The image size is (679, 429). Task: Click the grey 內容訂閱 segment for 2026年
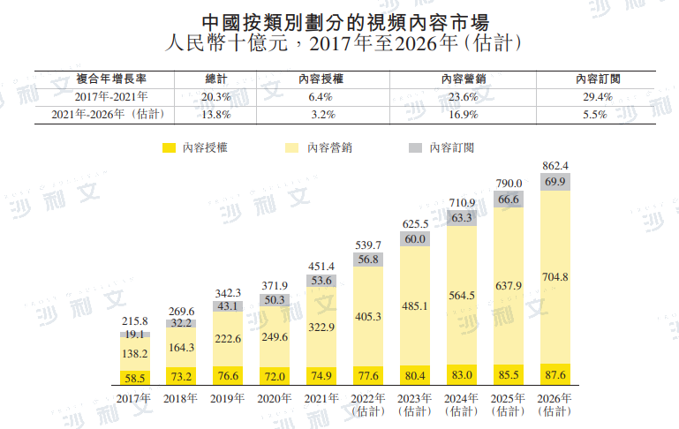pyautogui.click(x=555, y=182)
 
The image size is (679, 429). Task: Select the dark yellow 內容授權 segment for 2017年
pyautogui.click(x=135, y=377)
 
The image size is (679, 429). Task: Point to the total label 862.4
pyautogui.click(x=555, y=165)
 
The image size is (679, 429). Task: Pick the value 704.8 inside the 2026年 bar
pyautogui.click(x=555, y=277)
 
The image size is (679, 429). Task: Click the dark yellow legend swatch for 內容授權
pyautogui.click(x=169, y=147)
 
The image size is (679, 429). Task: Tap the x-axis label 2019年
pyautogui.click(x=227, y=398)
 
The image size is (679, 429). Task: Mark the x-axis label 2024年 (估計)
pyautogui.click(x=462, y=404)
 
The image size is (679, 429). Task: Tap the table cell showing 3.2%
pyautogui.click(x=321, y=115)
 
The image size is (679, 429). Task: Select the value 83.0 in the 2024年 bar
pyautogui.click(x=462, y=375)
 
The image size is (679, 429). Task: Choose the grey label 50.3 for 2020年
pyautogui.click(x=274, y=300)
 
